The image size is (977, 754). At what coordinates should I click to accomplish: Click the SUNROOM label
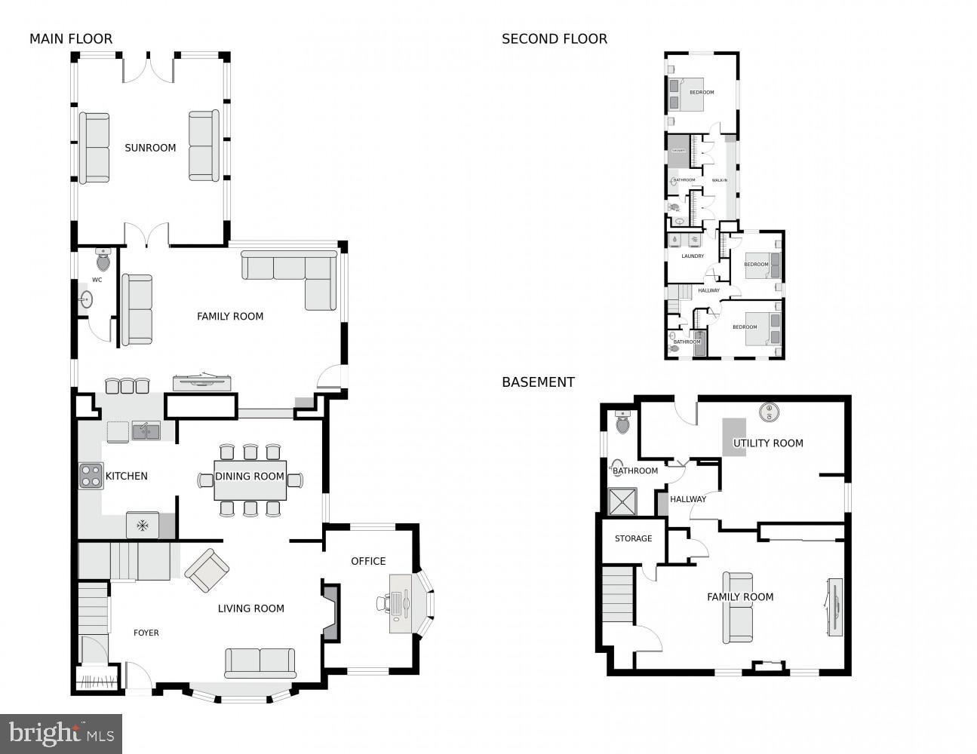[150, 148]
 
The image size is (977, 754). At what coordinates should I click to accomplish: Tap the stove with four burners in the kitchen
[91, 476]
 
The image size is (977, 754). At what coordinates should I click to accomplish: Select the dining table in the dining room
[250, 480]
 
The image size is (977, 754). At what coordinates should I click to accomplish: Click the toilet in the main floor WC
[103, 261]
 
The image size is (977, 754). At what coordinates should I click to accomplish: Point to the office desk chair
[384, 602]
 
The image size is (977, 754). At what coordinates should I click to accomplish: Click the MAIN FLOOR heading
[71, 39]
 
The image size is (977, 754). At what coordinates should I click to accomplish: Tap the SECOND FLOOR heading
[554, 39]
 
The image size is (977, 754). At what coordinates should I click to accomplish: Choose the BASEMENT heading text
[538, 382]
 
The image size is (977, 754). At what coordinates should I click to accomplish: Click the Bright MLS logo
[61, 733]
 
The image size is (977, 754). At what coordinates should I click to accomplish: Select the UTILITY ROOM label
[768, 443]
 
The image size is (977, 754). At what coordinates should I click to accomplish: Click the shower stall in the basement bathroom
[623, 501]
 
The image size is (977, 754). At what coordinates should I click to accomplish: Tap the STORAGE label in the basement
[633, 538]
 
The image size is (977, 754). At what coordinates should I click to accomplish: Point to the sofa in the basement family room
[738, 608]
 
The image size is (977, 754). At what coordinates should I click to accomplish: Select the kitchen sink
[146, 431]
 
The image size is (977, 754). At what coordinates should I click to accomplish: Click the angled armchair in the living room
[207, 570]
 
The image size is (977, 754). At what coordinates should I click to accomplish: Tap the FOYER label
[146, 633]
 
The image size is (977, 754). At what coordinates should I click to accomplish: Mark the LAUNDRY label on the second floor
[692, 256]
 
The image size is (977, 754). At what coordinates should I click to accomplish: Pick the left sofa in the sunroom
[94, 148]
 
